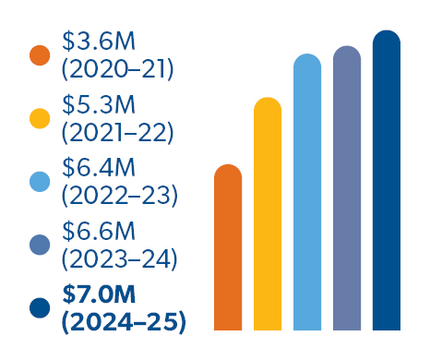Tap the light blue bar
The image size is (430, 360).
pyautogui.click(x=306, y=193)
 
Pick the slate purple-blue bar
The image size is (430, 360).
pyautogui.click(x=346, y=188)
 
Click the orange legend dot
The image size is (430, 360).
pyautogui.click(x=40, y=54)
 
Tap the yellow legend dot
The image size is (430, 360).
pyautogui.click(x=40, y=118)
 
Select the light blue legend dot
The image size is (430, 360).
pyautogui.click(x=40, y=182)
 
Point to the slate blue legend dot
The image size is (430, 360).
pyautogui.click(x=40, y=245)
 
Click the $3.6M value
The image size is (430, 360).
pyautogui.click(x=99, y=42)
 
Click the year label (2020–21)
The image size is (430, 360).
pyautogui.click(x=117, y=68)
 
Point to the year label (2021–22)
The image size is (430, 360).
pyautogui.click(x=117, y=132)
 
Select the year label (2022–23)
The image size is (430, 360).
pyautogui.click(x=119, y=195)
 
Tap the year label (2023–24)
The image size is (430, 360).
pyautogui.click(x=119, y=258)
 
